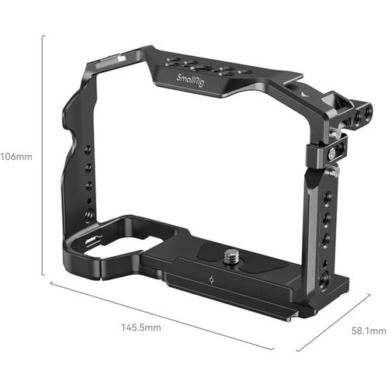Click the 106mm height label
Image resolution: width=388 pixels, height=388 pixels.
(16, 155)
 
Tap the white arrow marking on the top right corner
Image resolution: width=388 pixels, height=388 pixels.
(300, 92)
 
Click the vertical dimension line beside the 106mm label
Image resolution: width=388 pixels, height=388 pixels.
(42, 155)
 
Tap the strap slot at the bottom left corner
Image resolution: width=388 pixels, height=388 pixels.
(92, 241)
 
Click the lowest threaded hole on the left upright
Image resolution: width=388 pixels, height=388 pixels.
(89, 214)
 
